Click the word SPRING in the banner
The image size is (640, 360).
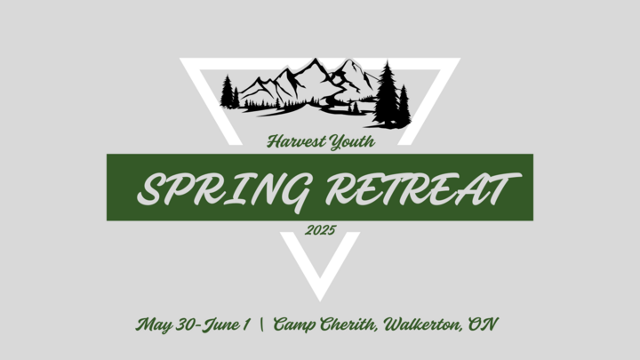pos(223,190)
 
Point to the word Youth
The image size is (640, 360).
pos(352,142)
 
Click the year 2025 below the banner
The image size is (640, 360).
pos(320,230)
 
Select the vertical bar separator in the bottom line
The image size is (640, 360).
pos(261,325)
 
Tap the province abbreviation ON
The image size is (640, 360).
pos(483,324)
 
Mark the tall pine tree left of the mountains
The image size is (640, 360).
pos(227,92)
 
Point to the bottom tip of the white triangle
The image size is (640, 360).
pos(320,301)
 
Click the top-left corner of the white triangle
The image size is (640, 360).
pos(180,59)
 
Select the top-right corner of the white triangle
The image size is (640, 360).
pos(460,59)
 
